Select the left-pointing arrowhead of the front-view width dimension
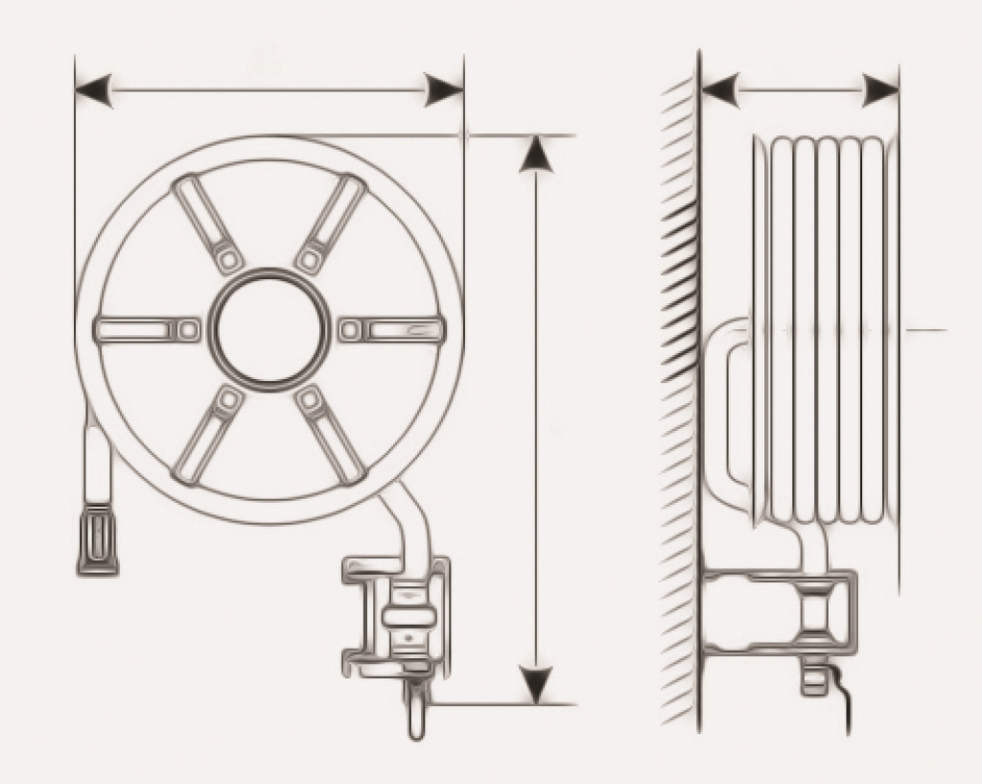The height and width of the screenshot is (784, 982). pos(94,91)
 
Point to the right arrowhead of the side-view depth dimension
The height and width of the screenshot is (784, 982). pos(880,91)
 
